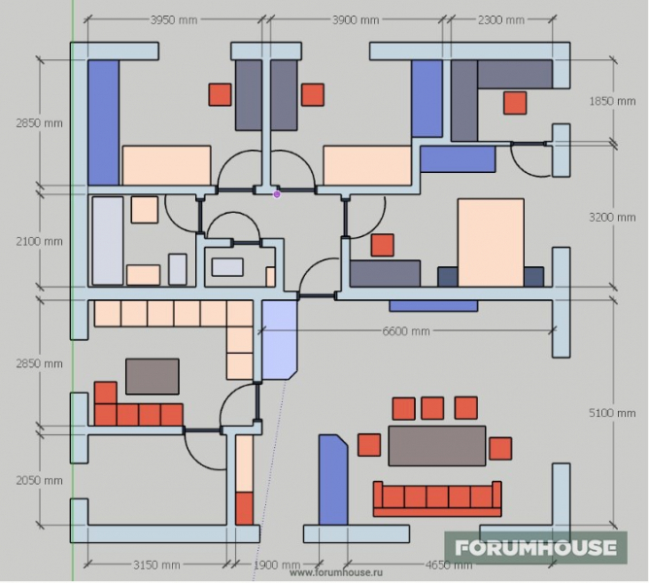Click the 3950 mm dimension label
pyautogui.click(x=174, y=19)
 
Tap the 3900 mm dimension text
pyautogui.click(x=356, y=19)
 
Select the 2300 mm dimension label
pyautogui.click(x=500, y=19)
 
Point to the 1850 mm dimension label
pyautogui.click(x=612, y=101)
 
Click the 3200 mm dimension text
pyautogui.click(x=612, y=217)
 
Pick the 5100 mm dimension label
pyautogui.click(x=612, y=413)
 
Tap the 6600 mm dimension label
pyautogui.click(x=406, y=331)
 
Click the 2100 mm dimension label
pyautogui.click(x=39, y=241)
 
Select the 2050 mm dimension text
pyautogui.click(x=39, y=480)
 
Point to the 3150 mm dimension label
pyautogui.click(x=156, y=565)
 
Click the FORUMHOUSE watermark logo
pyautogui.click(x=536, y=547)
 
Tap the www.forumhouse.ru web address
pyautogui.click(x=336, y=572)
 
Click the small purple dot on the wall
pyautogui.click(x=277, y=194)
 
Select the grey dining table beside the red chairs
pyautogui.click(x=437, y=446)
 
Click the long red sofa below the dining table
pyautogui.click(x=437, y=498)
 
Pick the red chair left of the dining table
pyautogui.click(x=369, y=445)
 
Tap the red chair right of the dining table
pyautogui.click(x=500, y=449)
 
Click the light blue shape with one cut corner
pyautogui.click(x=280, y=340)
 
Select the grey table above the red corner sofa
pyautogui.click(x=153, y=376)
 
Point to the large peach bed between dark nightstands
pyautogui.click(x=491, y=243)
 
